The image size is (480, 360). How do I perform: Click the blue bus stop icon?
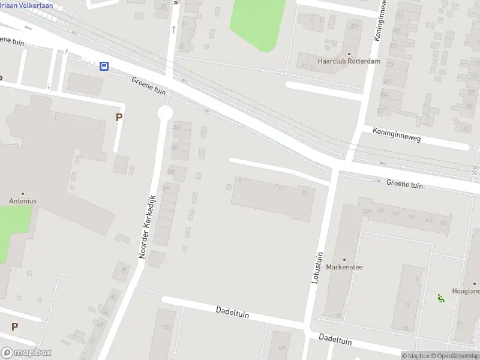(104, 66)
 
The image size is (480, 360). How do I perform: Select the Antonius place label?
(23, 201)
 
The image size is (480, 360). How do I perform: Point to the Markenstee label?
(344, 267)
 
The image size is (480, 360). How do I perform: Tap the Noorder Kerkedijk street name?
(147, 227)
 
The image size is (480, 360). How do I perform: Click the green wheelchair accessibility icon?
(441, 296)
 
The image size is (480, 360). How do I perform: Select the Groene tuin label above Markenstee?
(404, 185)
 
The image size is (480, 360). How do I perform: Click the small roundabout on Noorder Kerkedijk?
(165, 113)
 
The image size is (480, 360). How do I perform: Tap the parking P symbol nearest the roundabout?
(119, 118)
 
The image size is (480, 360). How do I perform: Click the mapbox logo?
(26, 353)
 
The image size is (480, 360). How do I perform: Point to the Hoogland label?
(467, 291)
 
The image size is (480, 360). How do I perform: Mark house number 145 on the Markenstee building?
(443, 223)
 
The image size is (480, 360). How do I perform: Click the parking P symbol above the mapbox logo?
(14, 327)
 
